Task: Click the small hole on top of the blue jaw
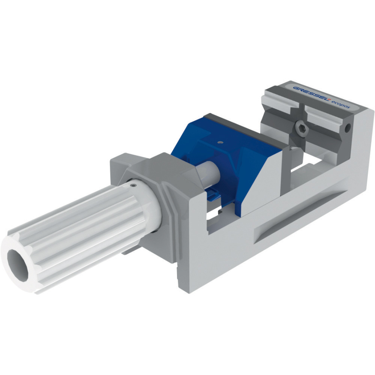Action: pyautogui.click(x=220, y=142)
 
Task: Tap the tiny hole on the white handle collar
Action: pyautogui.click(x=133, y=186)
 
